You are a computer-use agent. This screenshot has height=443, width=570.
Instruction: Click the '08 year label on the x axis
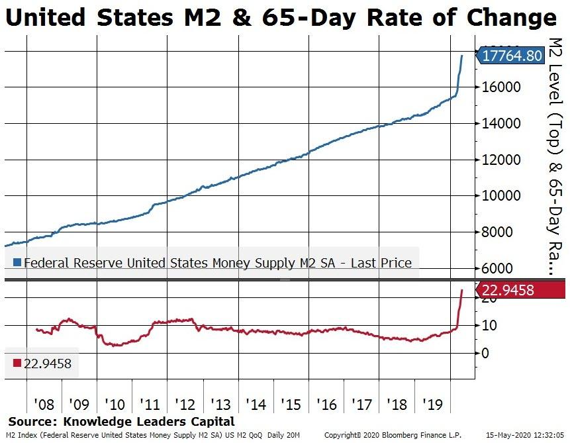tap(44, 403)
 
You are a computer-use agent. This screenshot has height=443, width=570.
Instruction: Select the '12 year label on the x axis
tap(185, 403)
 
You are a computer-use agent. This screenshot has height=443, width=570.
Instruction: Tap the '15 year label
tap(291, 403)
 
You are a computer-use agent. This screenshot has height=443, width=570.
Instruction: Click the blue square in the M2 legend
tap(17, 263)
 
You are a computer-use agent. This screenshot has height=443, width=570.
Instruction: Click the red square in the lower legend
tap(17, 362)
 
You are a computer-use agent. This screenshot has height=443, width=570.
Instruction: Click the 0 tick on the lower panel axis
tap(485, 353)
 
